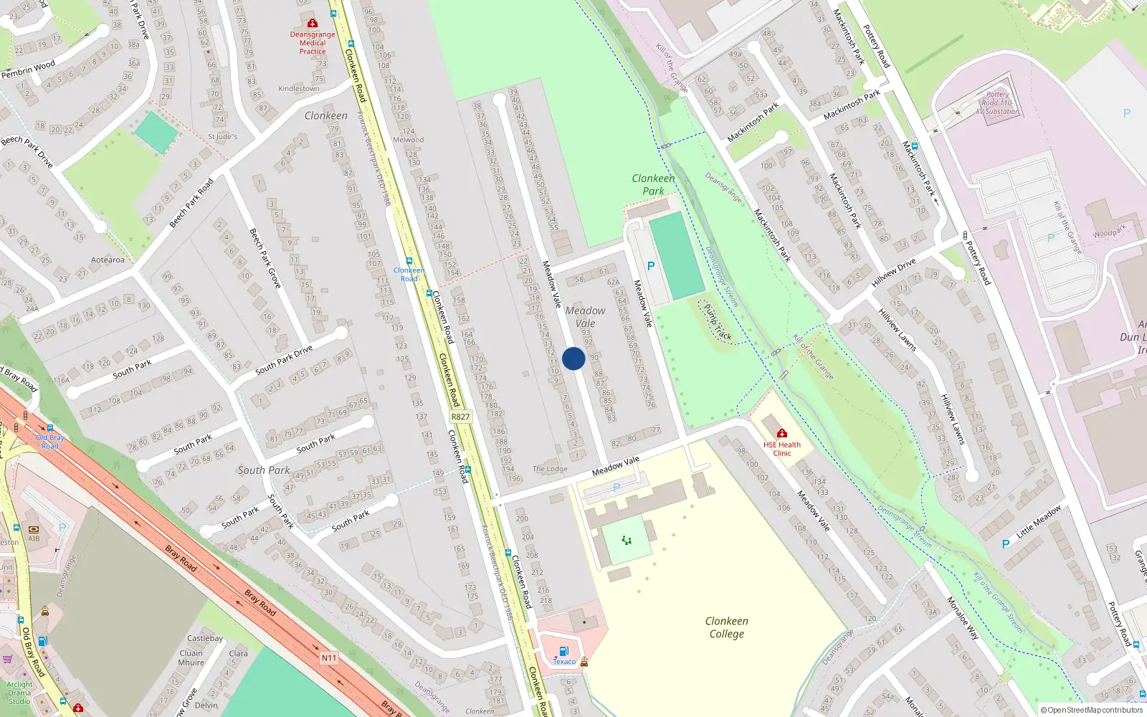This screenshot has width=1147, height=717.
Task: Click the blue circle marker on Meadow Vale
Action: [573, 358]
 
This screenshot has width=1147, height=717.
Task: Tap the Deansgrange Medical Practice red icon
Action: [312, 24]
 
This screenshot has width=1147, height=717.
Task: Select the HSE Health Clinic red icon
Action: [781, 433]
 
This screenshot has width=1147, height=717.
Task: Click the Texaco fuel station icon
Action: [563, 651]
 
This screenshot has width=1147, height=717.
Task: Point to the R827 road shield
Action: [460, 417]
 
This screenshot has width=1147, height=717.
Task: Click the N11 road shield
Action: [328, 657]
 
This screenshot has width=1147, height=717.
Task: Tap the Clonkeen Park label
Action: [653, 184]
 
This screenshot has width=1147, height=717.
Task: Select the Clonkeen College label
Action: [726, 627]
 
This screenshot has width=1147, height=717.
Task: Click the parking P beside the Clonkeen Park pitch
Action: [651, 266]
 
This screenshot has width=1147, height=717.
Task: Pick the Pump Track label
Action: [718, 322]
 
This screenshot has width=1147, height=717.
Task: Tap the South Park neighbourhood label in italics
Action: [264, 470]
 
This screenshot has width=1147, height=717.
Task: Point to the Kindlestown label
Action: [299, 88]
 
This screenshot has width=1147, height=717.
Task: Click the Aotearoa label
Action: [108, 260]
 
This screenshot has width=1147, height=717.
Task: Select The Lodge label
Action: [550, 469]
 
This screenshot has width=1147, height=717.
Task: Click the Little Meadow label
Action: [1038, 521]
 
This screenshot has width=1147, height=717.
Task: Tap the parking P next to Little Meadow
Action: [1005, 544]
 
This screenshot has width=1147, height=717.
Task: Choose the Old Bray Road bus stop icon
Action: [49, 428]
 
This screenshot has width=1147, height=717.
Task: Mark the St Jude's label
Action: [222, 136]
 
